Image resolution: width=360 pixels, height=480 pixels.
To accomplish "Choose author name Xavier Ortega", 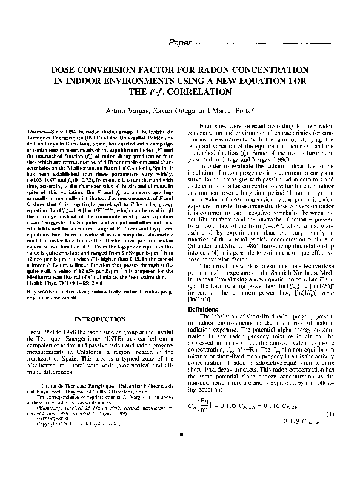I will click(x=179, y=111).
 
